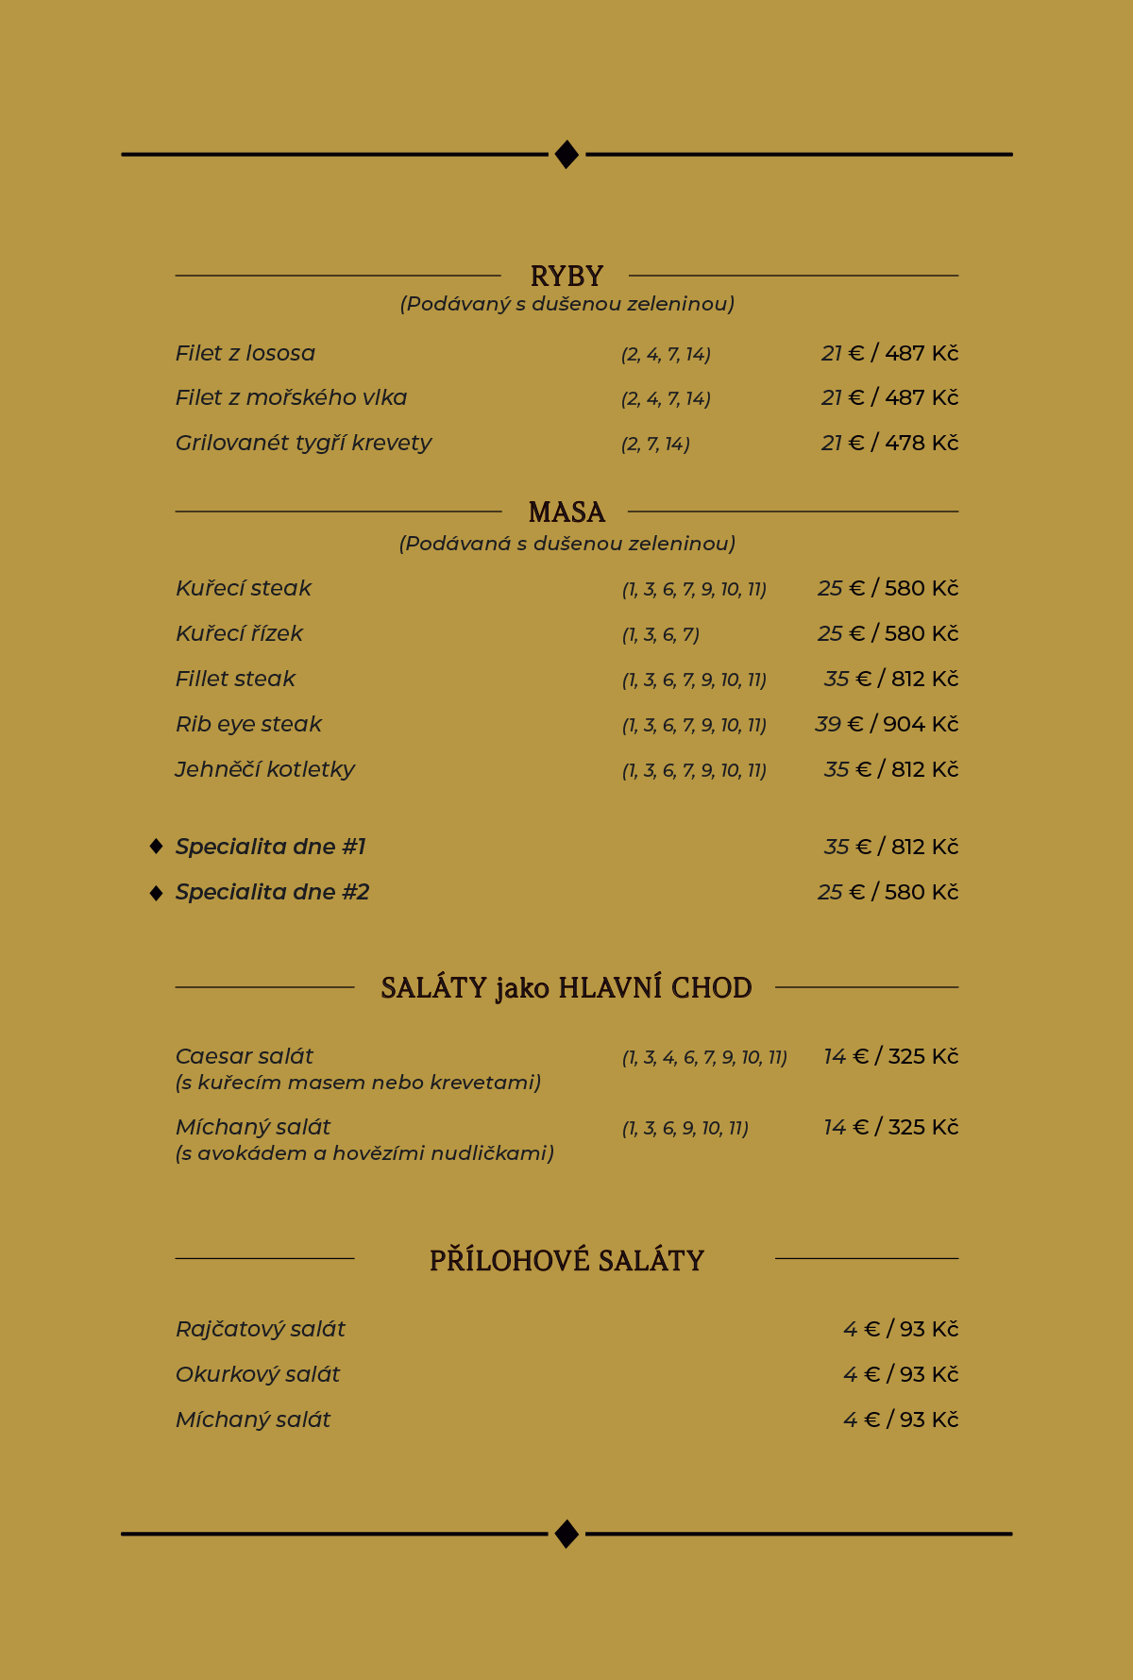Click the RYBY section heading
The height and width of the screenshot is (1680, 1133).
click(566, 276)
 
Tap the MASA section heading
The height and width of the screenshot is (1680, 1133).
click(566, 512)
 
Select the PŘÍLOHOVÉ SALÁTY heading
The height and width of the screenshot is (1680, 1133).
click(566, 1260)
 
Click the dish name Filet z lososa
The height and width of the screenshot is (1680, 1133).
click(245, 353)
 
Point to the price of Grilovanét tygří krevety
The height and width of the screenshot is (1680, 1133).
click(889, 443)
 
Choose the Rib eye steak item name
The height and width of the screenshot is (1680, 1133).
click(248, 724)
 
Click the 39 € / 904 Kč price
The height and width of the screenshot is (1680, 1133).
click(887, 724)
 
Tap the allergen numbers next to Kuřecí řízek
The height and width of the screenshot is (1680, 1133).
click(660, 634)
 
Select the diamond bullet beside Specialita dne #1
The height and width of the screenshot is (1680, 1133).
click(157, 847)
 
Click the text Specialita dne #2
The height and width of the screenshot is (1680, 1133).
click(272, 892)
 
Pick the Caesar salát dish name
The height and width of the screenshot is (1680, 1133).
click(245, 1056)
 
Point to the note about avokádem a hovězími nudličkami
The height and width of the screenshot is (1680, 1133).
click(364, 1153)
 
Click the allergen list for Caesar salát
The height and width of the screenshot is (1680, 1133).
click(704, 1057)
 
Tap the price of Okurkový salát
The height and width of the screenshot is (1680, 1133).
click(901, 1374)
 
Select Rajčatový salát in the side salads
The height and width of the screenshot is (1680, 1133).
click(261, 1329)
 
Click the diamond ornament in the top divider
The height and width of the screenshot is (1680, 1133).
click(566, 154)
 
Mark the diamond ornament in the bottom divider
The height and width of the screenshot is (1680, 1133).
click(566, 1534)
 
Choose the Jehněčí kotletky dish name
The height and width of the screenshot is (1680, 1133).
click(265, 769)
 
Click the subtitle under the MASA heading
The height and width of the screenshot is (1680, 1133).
click(566, 544)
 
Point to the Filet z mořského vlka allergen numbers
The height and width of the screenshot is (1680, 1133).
click(666, 398)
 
